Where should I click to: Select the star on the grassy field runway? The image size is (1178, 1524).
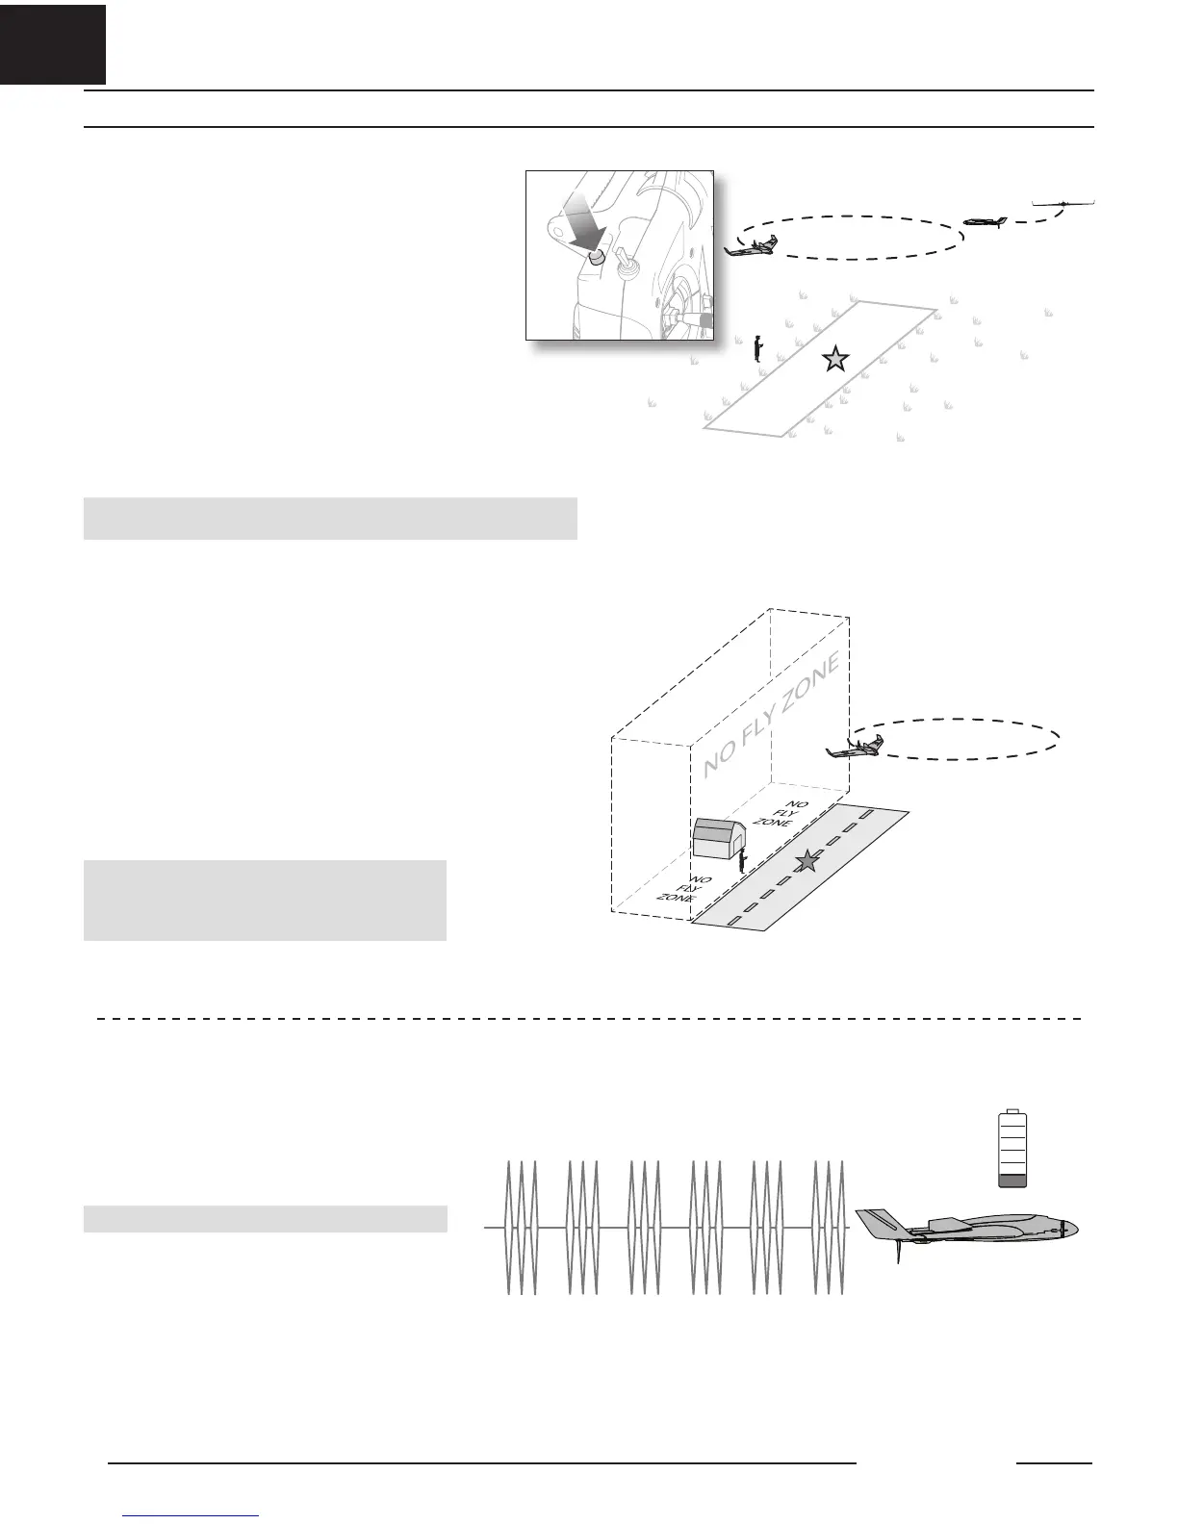coord(835,360)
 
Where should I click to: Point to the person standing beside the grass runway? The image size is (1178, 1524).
coord(758,347)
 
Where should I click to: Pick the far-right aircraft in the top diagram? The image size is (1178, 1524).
coord(1063,202)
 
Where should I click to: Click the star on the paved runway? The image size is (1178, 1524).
coord(807,863)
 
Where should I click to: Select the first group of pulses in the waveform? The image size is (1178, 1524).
coord(521,1228)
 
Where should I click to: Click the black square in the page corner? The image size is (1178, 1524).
coord(52,43)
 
